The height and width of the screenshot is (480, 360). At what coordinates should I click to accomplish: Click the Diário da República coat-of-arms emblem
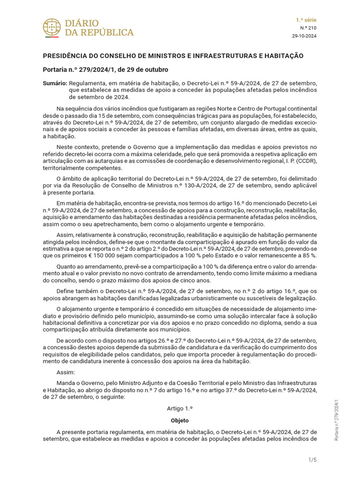[x=52, y=28]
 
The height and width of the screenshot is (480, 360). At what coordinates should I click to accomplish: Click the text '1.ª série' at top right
[x=306, y=20]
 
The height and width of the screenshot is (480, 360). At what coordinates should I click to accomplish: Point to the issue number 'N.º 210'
[x=308, y=28]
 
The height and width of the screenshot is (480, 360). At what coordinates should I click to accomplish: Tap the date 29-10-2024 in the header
[x=304, y=36]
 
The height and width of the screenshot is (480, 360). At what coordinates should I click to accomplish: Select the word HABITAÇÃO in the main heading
[x=281, y=56]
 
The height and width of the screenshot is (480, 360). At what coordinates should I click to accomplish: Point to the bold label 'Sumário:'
[x=54, y=82]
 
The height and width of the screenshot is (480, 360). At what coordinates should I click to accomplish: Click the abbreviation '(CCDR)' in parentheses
[x=307, y=160]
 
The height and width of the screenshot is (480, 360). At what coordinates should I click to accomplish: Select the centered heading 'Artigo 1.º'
[x=180, y=409]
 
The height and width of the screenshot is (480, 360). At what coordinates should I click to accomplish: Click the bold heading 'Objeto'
[x=180, y=420]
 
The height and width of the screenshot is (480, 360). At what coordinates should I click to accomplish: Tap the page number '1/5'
[x=313, y=459]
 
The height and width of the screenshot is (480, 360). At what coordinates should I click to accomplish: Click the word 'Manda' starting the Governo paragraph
[x=66, y=383]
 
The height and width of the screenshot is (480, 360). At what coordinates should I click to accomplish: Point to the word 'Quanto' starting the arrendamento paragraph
[x=67, y=266]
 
